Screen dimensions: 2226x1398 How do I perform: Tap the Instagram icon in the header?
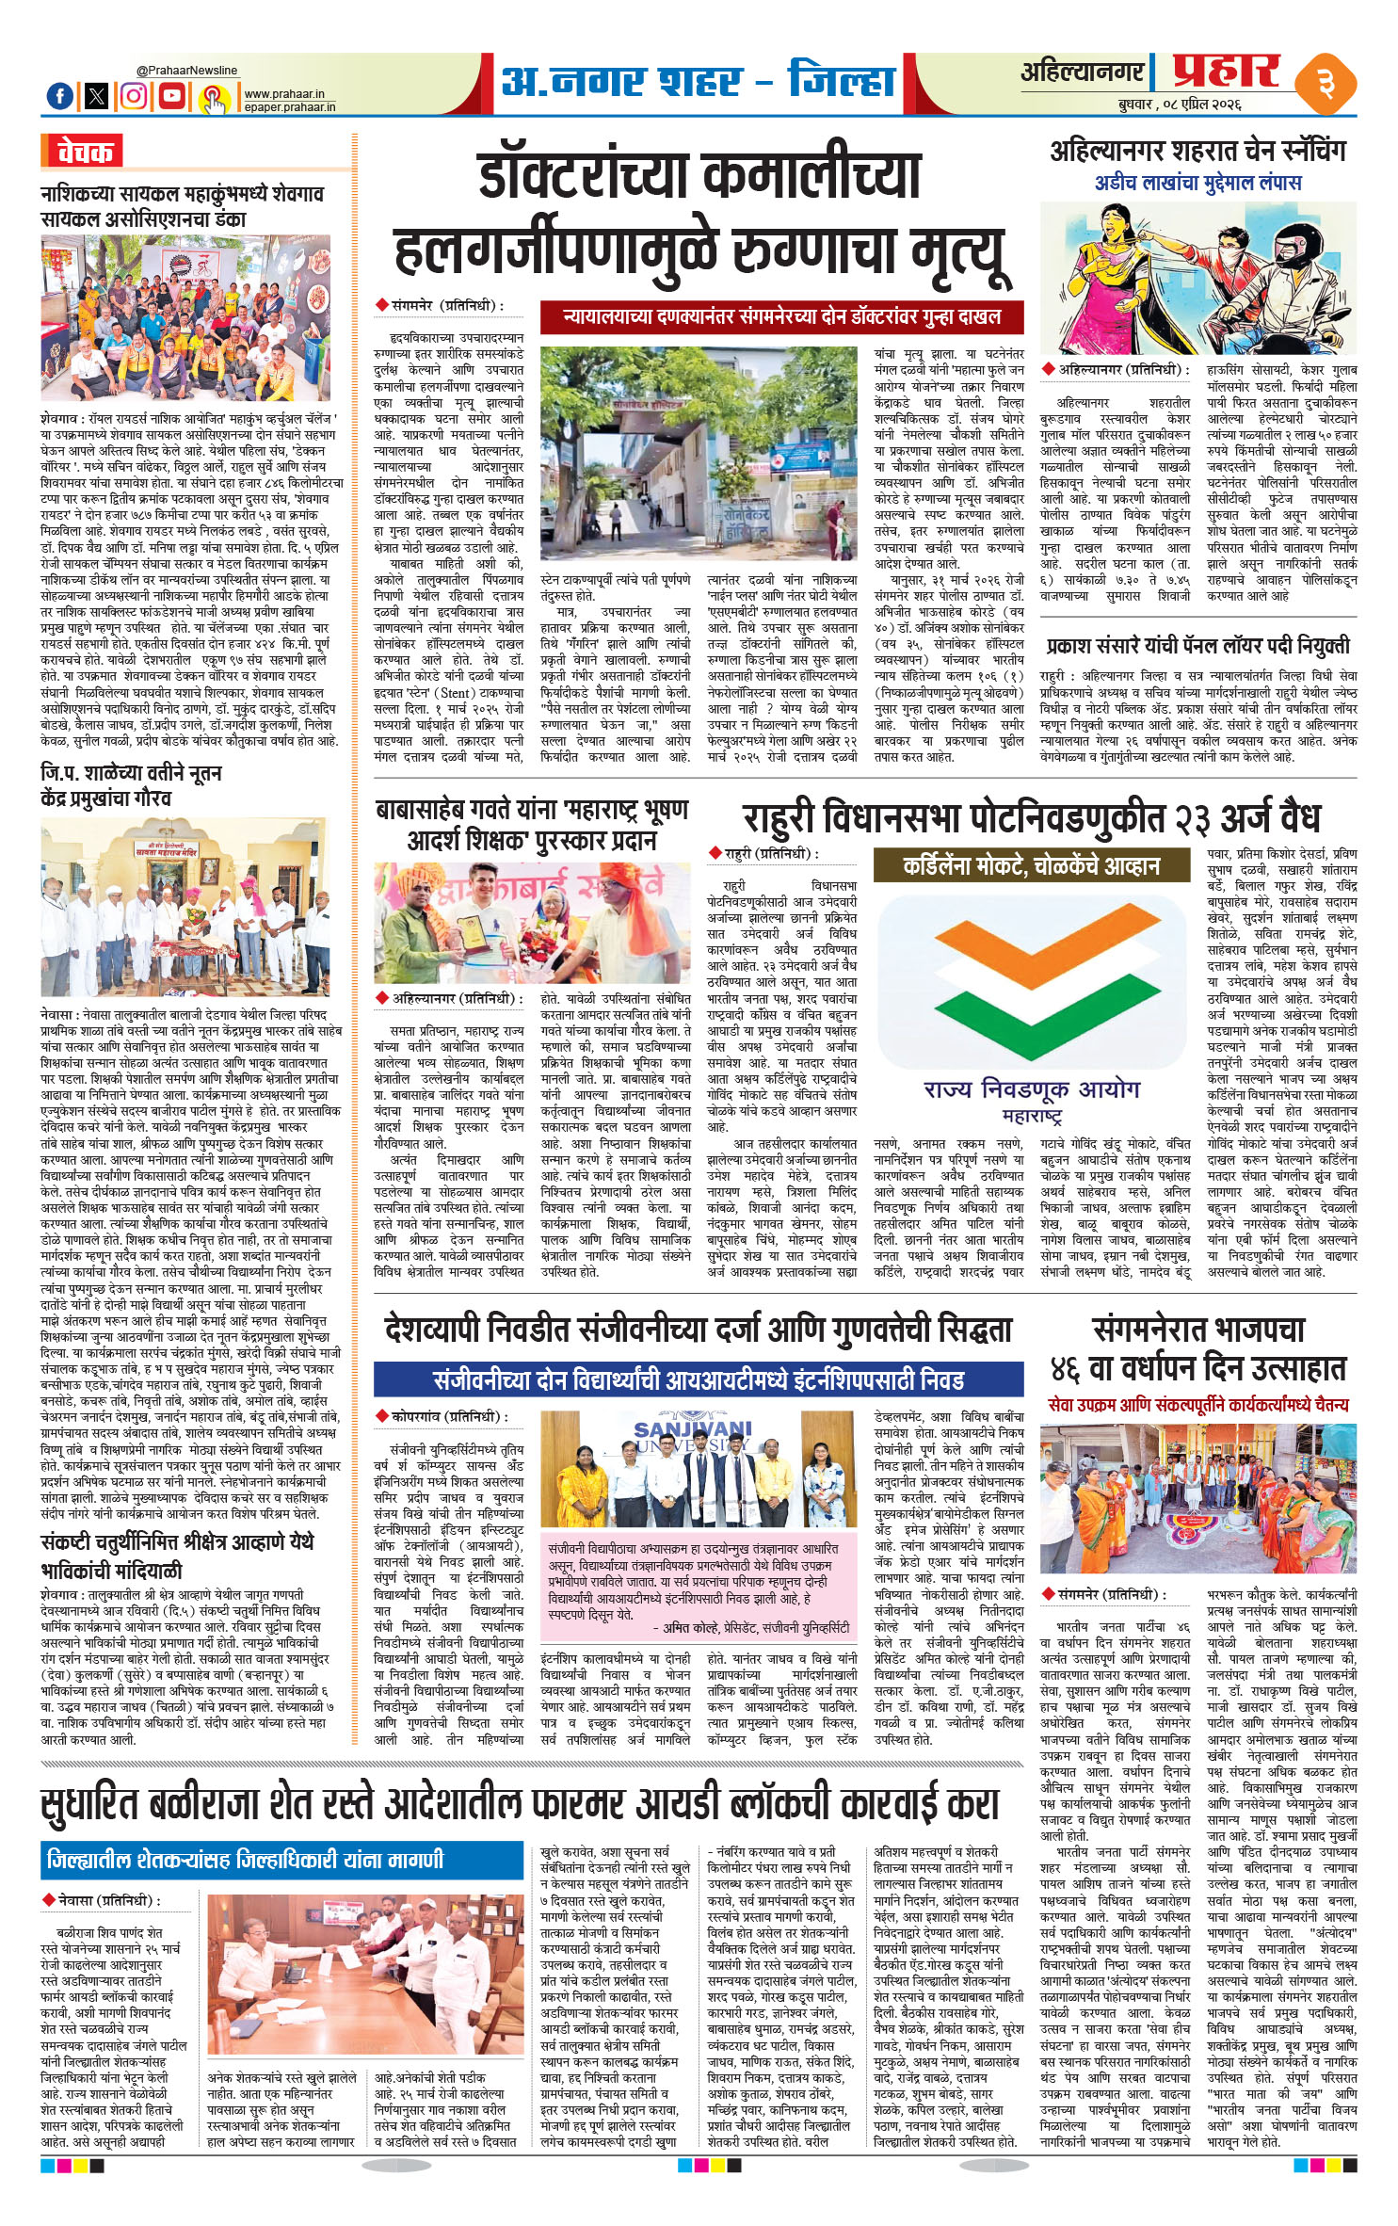tap(135, 95)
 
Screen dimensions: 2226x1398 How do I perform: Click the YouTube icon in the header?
tap(172, 95)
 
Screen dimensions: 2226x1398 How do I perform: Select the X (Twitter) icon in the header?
tap(97, 95)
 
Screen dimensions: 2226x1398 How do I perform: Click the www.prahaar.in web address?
tap(283, 94)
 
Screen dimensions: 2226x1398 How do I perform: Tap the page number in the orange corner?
tap(1326, 85)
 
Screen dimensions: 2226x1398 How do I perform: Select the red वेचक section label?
tap(82, 152)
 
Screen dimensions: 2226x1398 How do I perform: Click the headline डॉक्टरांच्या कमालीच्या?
tap(699, 177)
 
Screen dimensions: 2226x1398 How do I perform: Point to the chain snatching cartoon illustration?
tap(1198, 282)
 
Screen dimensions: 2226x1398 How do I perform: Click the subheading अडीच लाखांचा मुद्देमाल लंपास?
tap(1197, 183)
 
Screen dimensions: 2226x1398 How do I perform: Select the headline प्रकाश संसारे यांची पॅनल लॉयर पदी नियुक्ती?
tap(1197, 646)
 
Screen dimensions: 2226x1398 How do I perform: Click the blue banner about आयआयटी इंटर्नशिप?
tap(699, 1380)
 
